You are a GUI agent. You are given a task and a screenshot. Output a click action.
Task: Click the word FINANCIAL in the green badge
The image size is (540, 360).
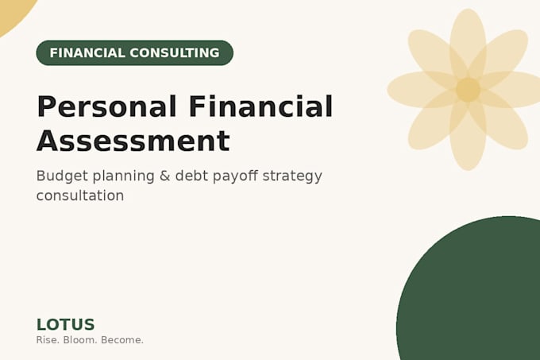click(x=87, y=53)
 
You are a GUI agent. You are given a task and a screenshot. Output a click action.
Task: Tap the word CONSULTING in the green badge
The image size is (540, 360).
click(x=175, y=53)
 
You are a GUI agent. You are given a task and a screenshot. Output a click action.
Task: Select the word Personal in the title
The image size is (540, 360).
click(x=106, y=106)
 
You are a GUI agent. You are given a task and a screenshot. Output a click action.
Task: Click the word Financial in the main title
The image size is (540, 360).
click(x=261, y=106)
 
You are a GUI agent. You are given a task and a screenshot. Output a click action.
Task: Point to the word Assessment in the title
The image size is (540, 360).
click(x=133, y=141)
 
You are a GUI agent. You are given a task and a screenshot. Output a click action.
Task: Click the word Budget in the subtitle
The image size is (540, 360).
click(x=62, y=176)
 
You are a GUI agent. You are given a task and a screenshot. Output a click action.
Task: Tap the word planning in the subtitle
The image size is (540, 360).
click(x=124, y=176)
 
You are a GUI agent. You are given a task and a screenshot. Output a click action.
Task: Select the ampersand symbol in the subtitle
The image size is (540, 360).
click(x=165, y=176)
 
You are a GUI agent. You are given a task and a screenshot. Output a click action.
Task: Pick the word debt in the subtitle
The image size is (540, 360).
click(x=191, y=176)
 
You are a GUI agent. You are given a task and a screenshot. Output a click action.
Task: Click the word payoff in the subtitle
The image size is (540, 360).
click(x=235, y=176)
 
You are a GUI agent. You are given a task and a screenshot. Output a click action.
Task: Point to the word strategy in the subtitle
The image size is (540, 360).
click(x=292, y=176)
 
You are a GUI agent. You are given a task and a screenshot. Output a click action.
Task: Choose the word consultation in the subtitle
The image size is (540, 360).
click(x=80, y=195)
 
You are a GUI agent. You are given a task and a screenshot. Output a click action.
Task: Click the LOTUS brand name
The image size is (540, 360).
click(x=65, y=324)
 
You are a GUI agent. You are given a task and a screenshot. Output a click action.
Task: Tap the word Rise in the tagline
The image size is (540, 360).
click(x=48, y=340)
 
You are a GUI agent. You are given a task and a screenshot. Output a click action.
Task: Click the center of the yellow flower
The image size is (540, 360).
click(x=468, y=90)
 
